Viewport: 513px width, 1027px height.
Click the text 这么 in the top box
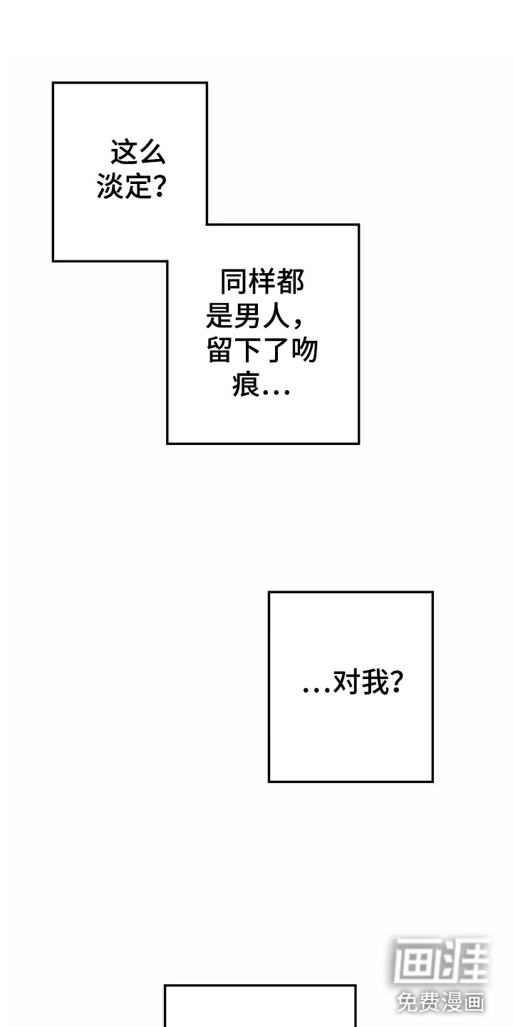138,153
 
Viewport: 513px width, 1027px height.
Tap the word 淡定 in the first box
125,188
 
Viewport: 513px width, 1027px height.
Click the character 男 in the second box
249,317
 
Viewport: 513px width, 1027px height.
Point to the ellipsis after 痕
276,390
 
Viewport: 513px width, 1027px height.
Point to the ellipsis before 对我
316,689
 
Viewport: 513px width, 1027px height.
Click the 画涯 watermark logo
442,961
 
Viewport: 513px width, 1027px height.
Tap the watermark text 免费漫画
441,1001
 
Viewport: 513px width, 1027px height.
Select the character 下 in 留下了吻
248,351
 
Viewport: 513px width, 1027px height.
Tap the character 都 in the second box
290,282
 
